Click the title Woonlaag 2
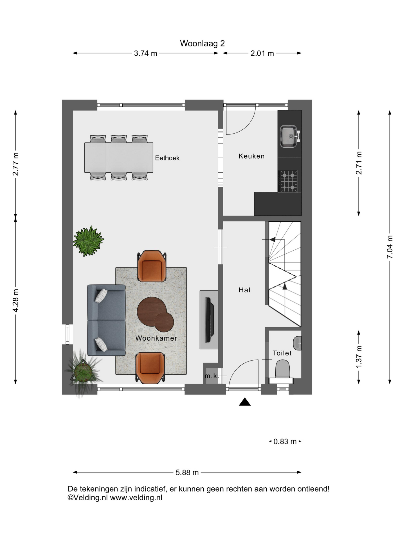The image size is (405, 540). pos(202,43)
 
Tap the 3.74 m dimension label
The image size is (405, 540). pos(145,53)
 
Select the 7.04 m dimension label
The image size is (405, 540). pos(390,247)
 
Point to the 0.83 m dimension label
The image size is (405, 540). pos(285,442)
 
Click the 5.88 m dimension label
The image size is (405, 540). pos(187,472)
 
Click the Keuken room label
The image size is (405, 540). pos(252,156)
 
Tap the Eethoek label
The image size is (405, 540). pos(167,158)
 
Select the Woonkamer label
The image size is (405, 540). pos(156,338)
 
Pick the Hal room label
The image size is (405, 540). pos(244,290)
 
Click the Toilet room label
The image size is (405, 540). pos(282,353)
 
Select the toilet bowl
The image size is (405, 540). pos(282,370)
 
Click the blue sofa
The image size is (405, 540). pos(106,320)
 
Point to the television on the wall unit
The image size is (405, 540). pos(209,320)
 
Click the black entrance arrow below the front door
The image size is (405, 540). pos(245,402)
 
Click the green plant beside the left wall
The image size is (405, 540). pos(88,241)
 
